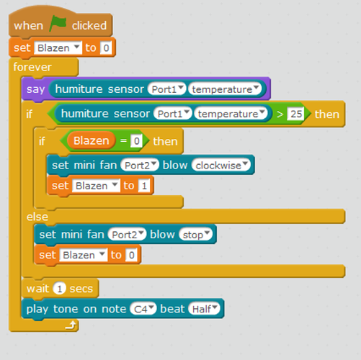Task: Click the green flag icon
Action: [x=58, y=24]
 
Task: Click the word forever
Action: [x=32, y=67]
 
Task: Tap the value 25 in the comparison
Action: [x=296, y=114]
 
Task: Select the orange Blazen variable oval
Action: [x=92, y=140]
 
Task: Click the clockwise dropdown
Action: [x=221, y=166]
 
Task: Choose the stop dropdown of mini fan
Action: [x=196, y=235]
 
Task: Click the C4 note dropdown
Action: [x=143, y=309]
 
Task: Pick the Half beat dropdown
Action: [x=204, y=309]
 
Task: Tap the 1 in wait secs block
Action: [x=60, y=289]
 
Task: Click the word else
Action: [x=37, y=217]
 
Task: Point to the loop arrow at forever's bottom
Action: [x=71, y=325]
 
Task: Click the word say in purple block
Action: [x=35, y=89]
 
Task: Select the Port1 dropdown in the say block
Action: [x=167, y=89]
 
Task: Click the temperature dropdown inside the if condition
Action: [x=231, y=114]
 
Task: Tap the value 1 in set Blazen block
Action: [x=144, y=186]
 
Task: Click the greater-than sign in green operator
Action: [x=280, y=114]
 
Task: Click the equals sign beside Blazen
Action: [x=123, y=141]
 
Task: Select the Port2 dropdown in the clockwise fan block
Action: [x=140, y=166]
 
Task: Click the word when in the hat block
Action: [x=28, y=25]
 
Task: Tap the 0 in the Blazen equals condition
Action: [x=136, y=141]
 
